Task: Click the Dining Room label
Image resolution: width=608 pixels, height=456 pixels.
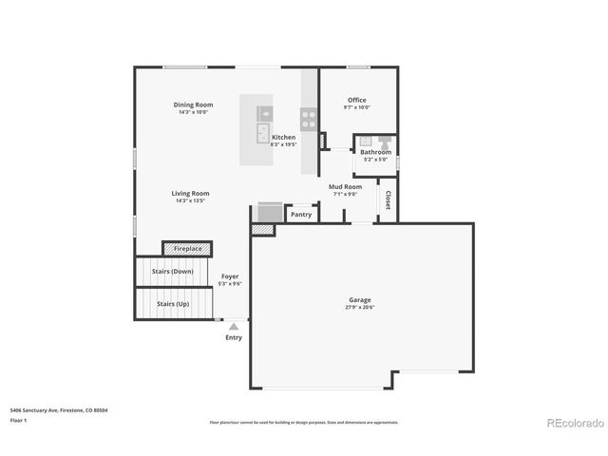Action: pos(193,104)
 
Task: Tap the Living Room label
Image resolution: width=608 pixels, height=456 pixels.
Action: pos(190,193)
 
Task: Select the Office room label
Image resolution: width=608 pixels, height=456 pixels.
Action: pos(356,100)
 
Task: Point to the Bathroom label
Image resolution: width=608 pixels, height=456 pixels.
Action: pos(375,152)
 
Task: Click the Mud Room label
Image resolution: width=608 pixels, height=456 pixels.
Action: pos(346,187)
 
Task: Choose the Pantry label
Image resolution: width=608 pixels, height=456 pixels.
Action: pos(301,215)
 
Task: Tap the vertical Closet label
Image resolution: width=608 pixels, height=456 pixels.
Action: pos(388,200)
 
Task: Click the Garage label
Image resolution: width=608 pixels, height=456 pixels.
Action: pos(361,300)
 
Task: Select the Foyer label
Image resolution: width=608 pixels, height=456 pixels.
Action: pos(230,275)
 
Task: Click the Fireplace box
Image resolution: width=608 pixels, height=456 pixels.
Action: pos(187,248)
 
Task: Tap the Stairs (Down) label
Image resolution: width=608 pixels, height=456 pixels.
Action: pos(172,271)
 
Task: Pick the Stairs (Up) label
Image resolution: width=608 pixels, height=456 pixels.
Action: pos(172,304)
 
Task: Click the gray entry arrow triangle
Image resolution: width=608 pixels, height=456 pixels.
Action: pos(234,326)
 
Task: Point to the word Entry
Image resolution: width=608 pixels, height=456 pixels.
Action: pos(234,337)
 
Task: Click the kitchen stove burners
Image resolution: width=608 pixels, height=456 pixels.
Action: pos(309,119)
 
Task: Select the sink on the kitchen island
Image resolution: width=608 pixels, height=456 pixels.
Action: pos(263,132)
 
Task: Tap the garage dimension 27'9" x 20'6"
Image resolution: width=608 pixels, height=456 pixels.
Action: pos(361,308)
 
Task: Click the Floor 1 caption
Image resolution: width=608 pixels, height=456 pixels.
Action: pos(19,419)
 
